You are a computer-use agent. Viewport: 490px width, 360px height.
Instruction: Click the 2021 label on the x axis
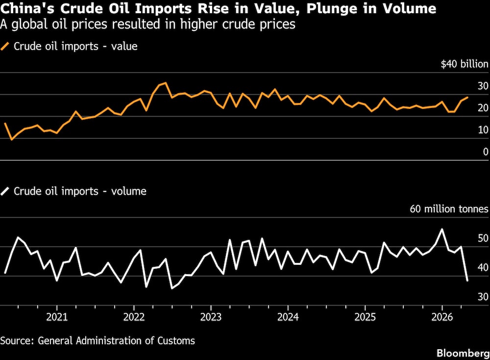[57, 317]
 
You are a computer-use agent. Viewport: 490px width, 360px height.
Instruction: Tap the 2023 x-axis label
[211, 317]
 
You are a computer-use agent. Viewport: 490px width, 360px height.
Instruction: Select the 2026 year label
[442, 317]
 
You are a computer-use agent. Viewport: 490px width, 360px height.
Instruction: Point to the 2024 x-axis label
[288, 317]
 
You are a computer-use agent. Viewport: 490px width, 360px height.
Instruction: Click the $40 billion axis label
[465, 64]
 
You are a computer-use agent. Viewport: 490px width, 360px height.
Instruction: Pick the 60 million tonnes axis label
[449, 208]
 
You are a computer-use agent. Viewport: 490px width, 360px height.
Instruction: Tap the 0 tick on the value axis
[486, 152]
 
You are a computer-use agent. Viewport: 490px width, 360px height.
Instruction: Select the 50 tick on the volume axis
[483, 238]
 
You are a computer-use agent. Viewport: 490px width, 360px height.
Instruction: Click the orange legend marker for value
[5, 46]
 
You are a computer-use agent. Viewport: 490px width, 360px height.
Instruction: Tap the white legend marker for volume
[5, 191]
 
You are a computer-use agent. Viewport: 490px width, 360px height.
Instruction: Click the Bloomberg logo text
[463, 353]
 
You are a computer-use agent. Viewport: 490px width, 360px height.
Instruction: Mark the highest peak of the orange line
[165, 83]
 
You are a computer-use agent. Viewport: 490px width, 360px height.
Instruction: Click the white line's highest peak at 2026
[442, 229]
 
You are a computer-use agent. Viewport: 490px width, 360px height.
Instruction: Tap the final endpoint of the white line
[467, 281]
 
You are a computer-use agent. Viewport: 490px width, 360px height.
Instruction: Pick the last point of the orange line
[467, 97]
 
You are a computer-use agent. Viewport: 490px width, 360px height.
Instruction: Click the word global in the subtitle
[30, 25]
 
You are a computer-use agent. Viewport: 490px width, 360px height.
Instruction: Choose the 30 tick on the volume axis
[483, 297]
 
